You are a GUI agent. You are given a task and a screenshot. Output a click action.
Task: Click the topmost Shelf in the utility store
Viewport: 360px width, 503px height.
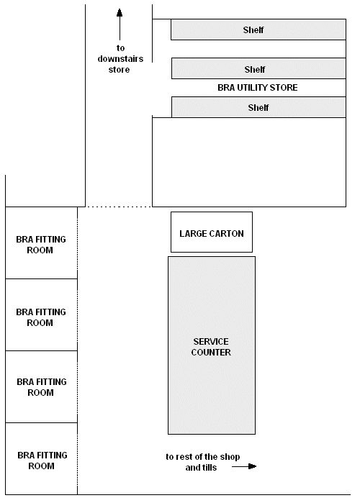[253, 30]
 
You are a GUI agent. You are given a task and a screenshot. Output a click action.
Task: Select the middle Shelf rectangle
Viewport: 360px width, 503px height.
[253, 69]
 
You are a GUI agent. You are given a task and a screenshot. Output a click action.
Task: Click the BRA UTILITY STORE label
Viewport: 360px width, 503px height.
[257, 88]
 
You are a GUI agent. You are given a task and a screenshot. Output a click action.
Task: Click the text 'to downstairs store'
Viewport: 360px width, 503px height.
[120, 59]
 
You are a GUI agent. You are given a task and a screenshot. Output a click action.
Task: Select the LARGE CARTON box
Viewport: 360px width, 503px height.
[211, 232]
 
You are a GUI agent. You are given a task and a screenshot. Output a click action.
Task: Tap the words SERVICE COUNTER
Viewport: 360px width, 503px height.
[212, 347]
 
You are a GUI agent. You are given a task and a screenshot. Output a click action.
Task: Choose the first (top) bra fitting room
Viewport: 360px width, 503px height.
[41, 243]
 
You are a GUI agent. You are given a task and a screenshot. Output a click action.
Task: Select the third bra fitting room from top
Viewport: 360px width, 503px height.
[41, 387]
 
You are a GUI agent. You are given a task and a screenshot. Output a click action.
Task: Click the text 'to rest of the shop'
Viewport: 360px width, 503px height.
[202, 457]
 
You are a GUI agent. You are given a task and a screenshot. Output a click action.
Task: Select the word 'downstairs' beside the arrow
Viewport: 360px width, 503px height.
[120, 59]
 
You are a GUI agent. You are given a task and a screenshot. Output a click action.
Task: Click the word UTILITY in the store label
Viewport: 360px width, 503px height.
[253, 88]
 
